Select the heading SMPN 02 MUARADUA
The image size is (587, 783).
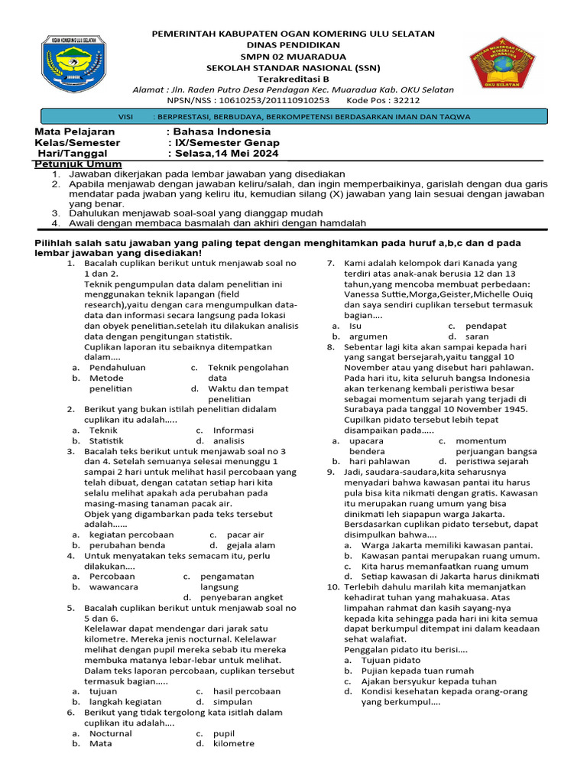(x=293, y=57)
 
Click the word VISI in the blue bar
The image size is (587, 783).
(x=127, y=117)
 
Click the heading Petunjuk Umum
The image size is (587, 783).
(x=73, y=164)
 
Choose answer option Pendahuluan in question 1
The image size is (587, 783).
(x=118, y=367)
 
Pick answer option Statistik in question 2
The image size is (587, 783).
(x=106, y=440)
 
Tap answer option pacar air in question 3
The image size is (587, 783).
(x=245, y=534)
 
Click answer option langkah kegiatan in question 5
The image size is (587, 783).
(x=125, y=701)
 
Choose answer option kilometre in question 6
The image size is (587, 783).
(x=234, y=743)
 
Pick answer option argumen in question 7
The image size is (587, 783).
(x=368, y=336)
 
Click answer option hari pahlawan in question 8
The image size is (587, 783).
(x=380, y=461)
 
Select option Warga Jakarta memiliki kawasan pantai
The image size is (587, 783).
(x=447, y=545)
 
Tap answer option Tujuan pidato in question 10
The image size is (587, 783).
(x=391, y=659)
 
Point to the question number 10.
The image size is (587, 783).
(x=332, y=586)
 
